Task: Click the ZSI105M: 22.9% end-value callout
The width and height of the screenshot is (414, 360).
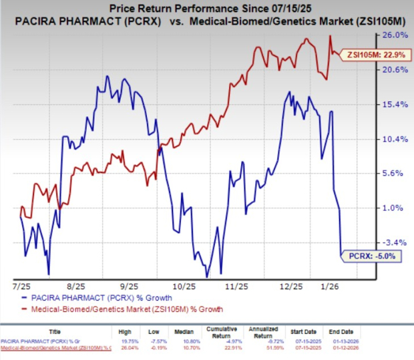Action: click(370, 55)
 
